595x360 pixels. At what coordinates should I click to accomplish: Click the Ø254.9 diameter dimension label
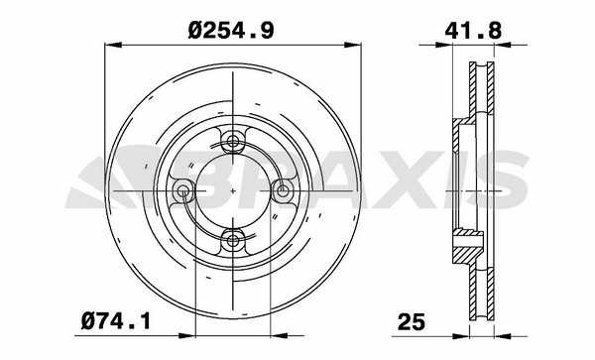(231, 30)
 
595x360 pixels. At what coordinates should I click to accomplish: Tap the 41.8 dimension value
(473, 31)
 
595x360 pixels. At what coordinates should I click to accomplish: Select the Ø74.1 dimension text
(115, 321)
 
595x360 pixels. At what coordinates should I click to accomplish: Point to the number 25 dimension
(412, 322)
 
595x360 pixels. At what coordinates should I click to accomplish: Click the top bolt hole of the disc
(233, 142)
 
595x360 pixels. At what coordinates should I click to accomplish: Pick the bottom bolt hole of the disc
(233, 240)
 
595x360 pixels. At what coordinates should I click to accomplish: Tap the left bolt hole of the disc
(183, 190)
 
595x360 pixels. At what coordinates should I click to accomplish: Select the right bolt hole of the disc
(282, 190)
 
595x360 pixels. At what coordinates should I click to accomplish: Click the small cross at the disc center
(233, 190)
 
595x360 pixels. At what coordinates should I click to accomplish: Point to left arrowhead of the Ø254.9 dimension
(113, 45)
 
